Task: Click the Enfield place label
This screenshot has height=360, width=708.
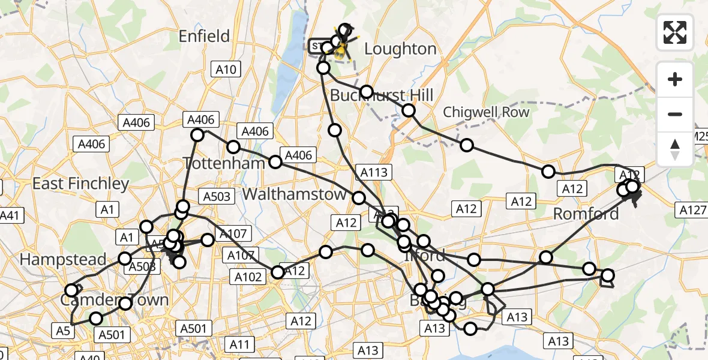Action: click(204, 37)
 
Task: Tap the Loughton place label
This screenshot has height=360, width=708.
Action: click(400, 49)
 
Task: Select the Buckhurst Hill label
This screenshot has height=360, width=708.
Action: click(382, 95)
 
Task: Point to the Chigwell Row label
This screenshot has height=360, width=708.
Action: click(486, 112)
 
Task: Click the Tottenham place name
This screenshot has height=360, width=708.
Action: click(224, 163)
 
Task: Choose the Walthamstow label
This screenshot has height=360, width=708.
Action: click(294, 194)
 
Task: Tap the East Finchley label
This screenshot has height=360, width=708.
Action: click(80, 184)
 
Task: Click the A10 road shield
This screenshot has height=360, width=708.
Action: click(226, 70)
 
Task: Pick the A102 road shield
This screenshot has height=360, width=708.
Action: click(248, 277)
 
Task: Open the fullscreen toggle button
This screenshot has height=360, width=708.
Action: click(675, 32)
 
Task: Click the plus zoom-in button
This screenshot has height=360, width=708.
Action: click(675, 79)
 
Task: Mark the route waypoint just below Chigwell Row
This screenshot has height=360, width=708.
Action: click(467, 145)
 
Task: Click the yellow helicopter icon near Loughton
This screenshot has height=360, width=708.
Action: click(340, 50)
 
